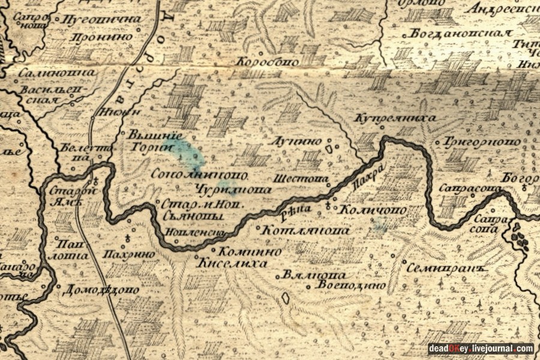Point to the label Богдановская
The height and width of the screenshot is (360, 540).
coord(461,34)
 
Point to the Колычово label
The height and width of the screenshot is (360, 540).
coord(373,210)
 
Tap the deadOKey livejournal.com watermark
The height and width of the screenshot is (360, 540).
coord(481,349)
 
